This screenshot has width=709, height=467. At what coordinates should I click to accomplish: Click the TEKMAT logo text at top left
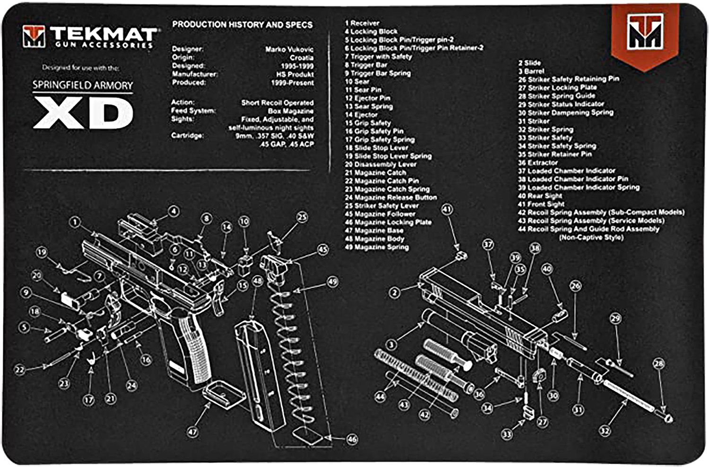103,34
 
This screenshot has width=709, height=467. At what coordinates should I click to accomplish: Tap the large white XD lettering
83,113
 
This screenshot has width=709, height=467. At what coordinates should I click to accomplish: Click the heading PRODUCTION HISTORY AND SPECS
242,25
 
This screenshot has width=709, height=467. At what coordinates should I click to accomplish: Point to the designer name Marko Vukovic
289,49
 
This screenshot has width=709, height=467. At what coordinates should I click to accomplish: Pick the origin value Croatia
302,58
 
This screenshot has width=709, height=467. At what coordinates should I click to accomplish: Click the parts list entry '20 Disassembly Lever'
380,164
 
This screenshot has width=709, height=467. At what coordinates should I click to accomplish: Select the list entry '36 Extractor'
538,162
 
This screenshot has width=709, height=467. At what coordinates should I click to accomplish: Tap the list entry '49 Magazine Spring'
377,247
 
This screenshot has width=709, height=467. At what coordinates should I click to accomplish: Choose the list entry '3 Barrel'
531,71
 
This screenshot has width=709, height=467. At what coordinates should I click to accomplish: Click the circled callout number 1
75,221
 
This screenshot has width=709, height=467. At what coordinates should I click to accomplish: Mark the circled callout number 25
302,217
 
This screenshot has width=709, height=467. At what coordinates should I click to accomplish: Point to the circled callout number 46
352,439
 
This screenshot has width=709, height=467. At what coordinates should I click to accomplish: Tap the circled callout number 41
447,209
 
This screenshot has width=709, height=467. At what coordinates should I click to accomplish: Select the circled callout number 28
658,363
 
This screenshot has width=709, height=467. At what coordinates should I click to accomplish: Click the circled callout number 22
19,370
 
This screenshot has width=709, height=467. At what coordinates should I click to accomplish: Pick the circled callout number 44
380,397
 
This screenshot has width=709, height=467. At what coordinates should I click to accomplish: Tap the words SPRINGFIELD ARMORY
83,85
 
